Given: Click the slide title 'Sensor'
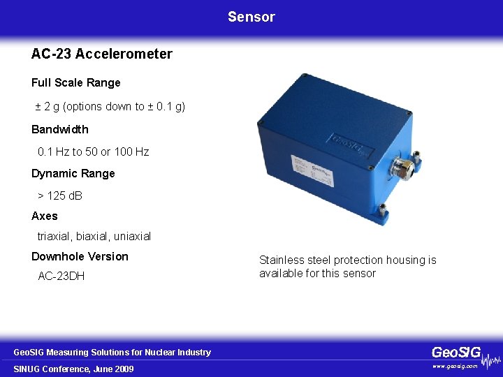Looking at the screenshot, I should (x=251, y=17).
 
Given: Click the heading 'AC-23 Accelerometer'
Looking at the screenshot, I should (x=101, y=54).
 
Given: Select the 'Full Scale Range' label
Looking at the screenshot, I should (x=75, y=83).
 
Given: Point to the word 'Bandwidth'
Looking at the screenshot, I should (x=60, y=129).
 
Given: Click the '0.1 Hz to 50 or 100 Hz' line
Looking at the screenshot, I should (x=93, y=151).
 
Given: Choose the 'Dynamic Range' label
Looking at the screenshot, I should (x=73, y=174).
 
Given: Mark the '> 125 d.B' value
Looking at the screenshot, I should (x=59, y=195).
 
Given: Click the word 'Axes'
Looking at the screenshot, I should (x=45, y=216).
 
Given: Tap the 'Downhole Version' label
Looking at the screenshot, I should (x=80, y=257).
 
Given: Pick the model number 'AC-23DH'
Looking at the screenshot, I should (x=61, y=276).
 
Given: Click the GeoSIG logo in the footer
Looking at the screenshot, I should (x=456, y=353).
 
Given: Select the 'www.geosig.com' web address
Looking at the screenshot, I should (x=455, y=366).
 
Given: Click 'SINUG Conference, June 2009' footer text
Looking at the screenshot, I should (x=74, y=369).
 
